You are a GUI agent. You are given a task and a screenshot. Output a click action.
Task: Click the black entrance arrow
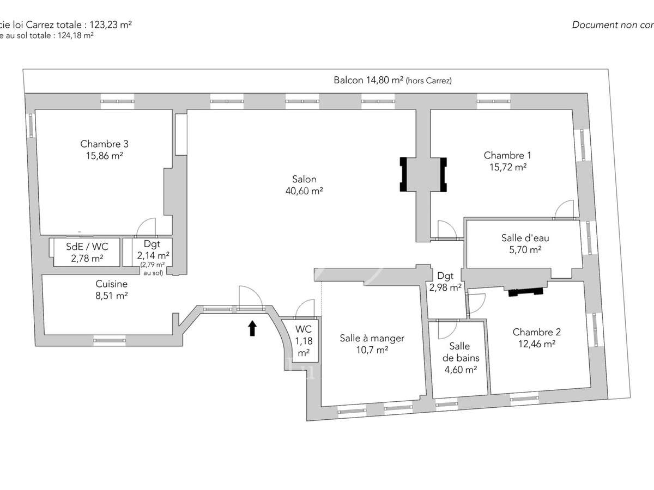coord(252,328)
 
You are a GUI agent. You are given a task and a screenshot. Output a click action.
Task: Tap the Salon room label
coord(304,179)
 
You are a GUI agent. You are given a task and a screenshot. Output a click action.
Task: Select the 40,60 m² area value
coord(304,191)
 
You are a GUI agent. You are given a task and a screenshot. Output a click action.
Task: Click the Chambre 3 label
coord(104,144)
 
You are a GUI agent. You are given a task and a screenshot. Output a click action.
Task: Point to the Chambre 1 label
coord(505,155)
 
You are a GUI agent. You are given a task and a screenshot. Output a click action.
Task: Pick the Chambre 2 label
coord(536,332)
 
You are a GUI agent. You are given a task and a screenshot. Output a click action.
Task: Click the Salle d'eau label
coord(521,238)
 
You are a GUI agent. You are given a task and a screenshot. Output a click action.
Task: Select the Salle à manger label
coord(372,338)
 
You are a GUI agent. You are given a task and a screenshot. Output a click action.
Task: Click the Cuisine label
coord(111,284)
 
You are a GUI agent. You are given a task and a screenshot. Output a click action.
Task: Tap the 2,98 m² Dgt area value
coord(445,287)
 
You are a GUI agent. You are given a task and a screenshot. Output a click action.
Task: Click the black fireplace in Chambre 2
coord(526,292)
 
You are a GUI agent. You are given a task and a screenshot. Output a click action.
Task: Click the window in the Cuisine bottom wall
coord(110,340)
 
